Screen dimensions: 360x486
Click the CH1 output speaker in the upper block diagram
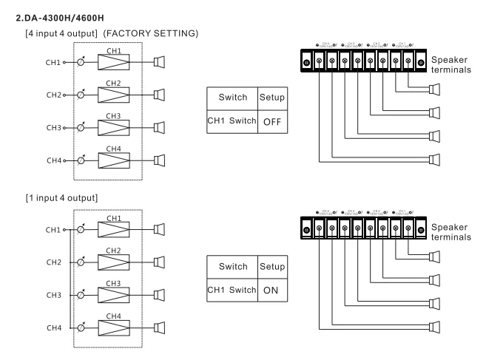pyautogui.click(x=159, y=63)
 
